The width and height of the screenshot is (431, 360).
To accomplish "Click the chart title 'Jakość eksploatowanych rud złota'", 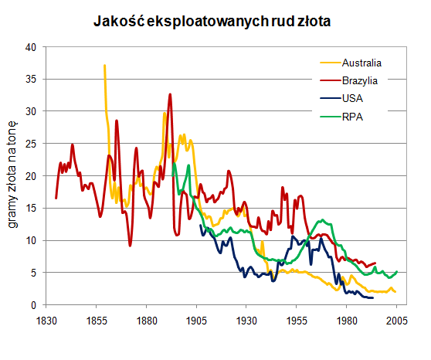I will click(x=212, y=22).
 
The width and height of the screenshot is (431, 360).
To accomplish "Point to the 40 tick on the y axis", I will click(x=31, y=46).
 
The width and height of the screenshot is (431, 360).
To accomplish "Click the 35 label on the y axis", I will click(x=31, y=79).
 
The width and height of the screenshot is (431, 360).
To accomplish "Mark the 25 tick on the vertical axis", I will click(x=31, y=144).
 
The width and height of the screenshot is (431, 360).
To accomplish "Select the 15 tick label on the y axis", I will click(x=31, y=209).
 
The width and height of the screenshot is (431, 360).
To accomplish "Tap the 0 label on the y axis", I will click(x=34, y=305).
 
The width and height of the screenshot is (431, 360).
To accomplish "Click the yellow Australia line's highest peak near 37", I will click(x=104, y=66).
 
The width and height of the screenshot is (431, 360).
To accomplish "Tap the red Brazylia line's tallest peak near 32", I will click(x=170, y=94).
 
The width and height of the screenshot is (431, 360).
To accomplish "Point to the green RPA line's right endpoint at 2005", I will click(x=397, y=271).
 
